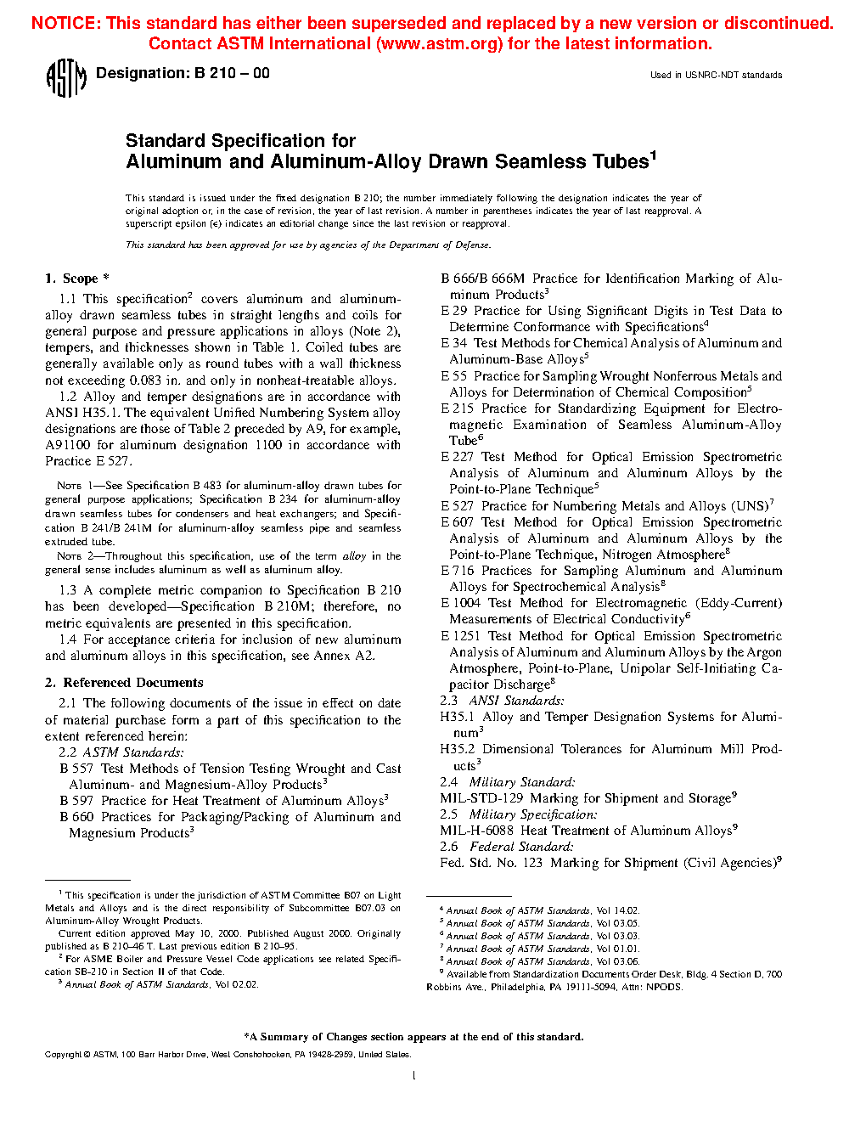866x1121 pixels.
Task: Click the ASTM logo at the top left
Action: click(66, 78)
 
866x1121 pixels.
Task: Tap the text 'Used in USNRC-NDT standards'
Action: click(716, 76)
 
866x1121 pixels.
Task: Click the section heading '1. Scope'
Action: click(72, 279)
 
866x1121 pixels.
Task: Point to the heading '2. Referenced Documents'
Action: click(124, 683)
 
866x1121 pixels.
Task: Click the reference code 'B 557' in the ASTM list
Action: click(76, 769)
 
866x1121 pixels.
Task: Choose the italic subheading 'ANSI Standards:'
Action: click(516, 701)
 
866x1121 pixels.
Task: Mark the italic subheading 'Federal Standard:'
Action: click(521, 847)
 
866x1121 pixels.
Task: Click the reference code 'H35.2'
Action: click(458, 749)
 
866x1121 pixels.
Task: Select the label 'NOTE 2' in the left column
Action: click(69, 556)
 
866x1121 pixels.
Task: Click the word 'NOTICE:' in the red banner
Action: click(65, 24)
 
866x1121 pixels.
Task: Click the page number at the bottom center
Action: click(413, 1076)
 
